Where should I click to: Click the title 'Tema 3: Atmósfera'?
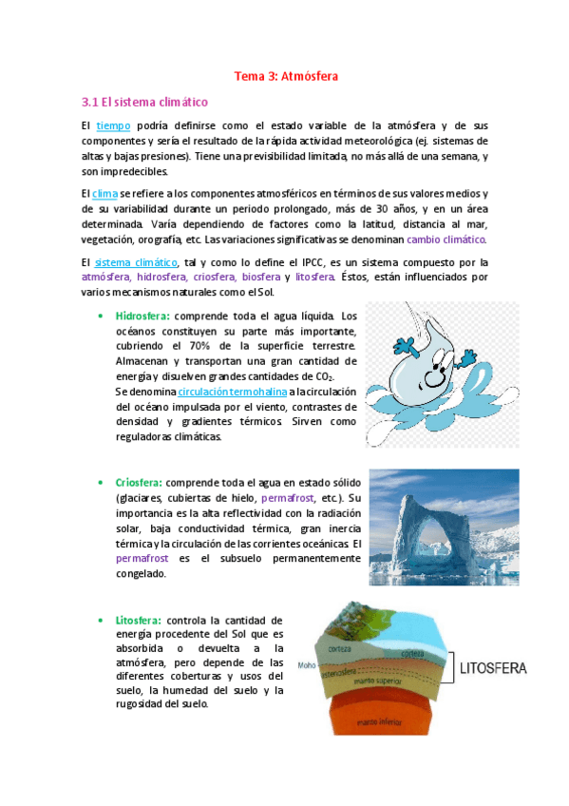tap(286, 74)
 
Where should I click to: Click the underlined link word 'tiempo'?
tap(113, 126)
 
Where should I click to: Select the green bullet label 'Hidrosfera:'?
tap(142, 316)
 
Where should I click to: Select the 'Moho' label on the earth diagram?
tap(306, 665)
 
